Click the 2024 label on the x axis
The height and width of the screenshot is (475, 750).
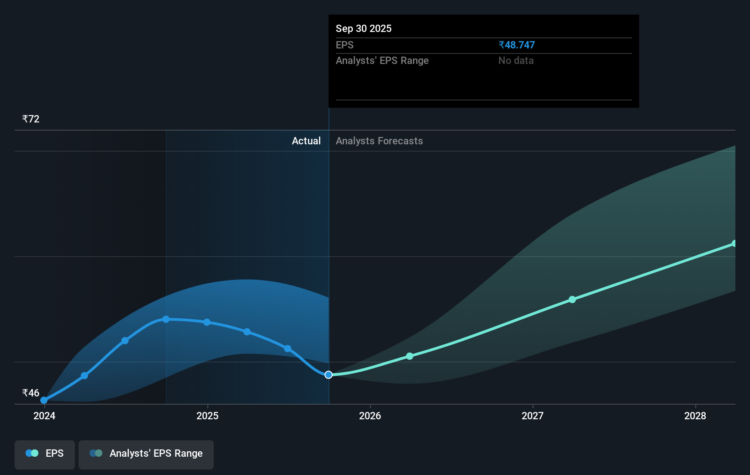(44, 416)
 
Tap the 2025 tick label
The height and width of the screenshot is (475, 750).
(207, 416)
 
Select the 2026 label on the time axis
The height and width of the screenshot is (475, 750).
(370, 416)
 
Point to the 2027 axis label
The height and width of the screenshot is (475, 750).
(533, 416)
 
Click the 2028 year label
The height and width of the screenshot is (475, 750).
(695, 416)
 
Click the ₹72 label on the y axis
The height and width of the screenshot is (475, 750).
(31, 119)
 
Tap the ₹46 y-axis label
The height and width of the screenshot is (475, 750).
(31, 393)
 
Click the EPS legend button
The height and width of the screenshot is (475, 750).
(45, 454)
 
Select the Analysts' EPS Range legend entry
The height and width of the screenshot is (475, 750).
(146, 454)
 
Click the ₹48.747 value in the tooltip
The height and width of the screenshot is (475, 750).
(517, 45)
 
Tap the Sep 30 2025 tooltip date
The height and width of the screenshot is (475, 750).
(364, 28)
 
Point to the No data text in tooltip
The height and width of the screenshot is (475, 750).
(516, 61)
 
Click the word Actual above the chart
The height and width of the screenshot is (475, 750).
(306, 141)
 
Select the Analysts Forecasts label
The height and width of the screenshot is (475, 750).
(379, 141)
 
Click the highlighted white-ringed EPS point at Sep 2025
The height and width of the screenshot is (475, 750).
(328, 375)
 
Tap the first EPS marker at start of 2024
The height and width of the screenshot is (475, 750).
(44, 400)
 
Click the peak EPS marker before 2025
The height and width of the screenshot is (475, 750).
(166, 319)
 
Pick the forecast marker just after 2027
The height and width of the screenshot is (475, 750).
(572, 300)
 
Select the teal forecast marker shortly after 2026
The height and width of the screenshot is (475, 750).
(410, 356)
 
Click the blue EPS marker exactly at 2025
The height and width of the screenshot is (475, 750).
(207, 322)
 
